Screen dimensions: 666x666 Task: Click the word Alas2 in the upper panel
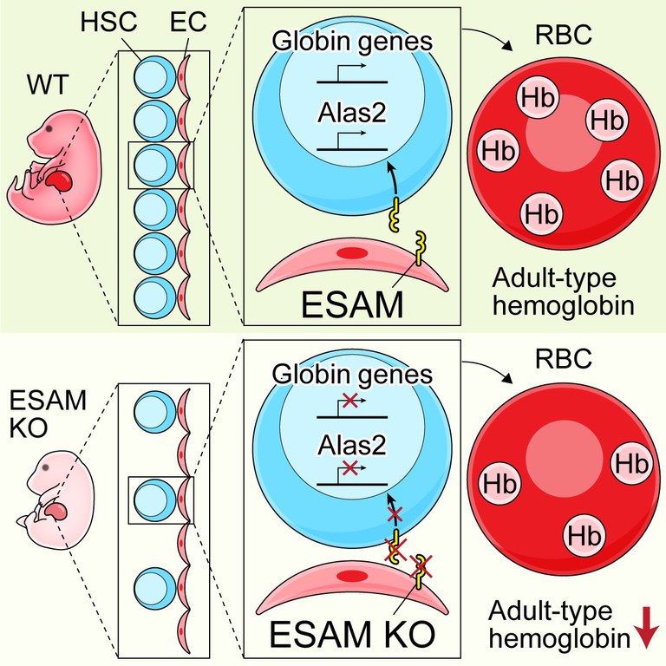point(352,112)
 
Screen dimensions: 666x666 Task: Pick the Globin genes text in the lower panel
point(352,375)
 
